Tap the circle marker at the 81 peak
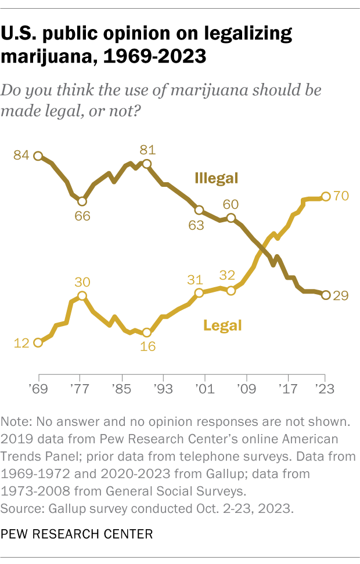[147, 164]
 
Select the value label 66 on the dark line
[82, 216]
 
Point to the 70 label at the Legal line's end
[341, 196]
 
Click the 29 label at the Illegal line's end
[341, 295]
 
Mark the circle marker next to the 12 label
[38, 342]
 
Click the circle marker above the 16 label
[147, 333]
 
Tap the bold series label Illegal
[217, 178]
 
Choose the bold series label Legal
[222, 325]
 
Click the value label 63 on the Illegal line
[196, 225]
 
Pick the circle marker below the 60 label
[231, 218]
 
